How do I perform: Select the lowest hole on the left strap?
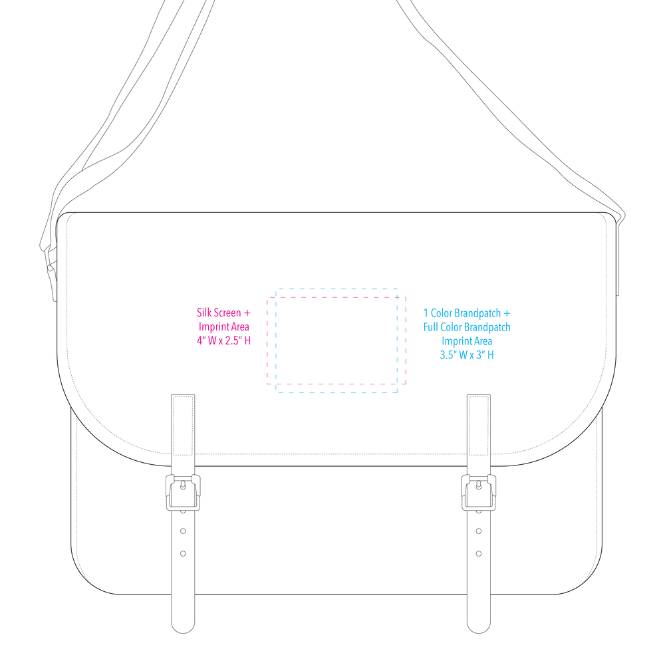[184, 553]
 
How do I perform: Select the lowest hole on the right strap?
[479, 553]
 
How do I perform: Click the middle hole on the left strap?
[184, 531]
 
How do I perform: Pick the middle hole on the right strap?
[479, 531]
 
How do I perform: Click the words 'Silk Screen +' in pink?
[223, 313]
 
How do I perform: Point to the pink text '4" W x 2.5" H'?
[223, 340]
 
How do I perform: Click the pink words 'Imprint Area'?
[224, 327]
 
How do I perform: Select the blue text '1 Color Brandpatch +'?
[467, 313]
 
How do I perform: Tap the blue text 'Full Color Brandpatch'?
[467, 327]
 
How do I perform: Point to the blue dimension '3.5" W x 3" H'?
[467, 355]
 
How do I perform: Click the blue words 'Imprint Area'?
[467, 341]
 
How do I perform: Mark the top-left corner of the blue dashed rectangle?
[276, 289]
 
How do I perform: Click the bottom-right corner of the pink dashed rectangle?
[406, 384]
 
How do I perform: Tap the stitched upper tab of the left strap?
[183, 425]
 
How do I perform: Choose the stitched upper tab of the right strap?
[479, 425]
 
